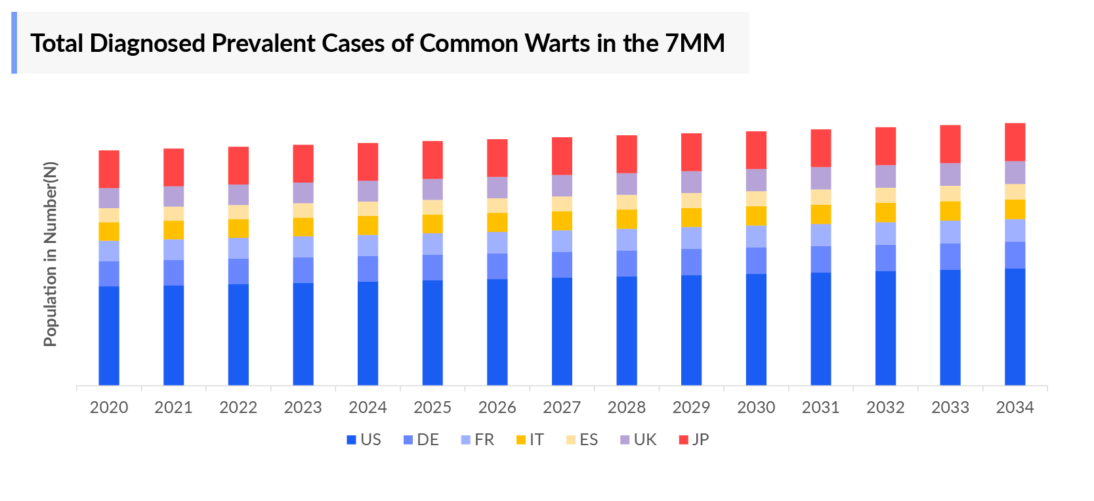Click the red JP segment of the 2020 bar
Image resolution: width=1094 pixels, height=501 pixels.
109,169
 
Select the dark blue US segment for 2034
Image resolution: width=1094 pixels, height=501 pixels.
1015,326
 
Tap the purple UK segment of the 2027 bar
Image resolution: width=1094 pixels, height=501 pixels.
562,185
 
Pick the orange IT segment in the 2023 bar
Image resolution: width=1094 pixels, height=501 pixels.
303,227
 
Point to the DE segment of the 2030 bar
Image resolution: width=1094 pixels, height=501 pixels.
756,261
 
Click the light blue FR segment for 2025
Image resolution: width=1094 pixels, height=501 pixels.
432,244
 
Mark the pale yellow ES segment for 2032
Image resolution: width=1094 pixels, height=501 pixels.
885,195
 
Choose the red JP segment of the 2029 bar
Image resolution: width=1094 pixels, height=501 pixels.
691,152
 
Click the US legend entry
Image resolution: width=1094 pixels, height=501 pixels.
364,440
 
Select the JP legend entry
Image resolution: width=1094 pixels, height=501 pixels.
694,440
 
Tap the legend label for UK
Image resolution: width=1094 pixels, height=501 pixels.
644,440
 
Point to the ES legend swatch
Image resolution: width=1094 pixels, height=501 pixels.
571,440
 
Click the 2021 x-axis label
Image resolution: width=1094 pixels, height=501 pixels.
173,408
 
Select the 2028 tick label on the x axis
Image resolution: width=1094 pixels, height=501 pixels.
627,408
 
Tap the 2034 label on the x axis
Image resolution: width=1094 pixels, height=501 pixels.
1015,408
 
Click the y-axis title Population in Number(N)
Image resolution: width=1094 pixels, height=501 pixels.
51,254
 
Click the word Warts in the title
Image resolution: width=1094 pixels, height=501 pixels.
558,43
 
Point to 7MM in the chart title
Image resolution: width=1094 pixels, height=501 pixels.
694,43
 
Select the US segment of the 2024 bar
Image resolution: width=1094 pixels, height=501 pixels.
368,333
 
